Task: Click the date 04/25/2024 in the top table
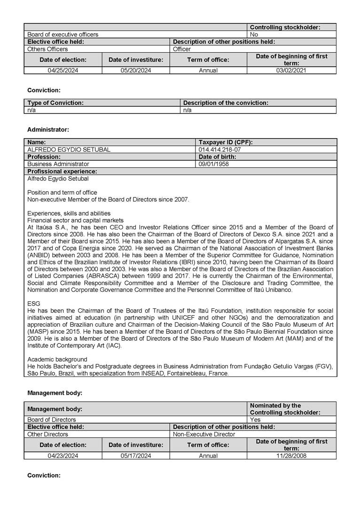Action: (63, 70)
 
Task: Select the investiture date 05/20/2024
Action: (136, 70)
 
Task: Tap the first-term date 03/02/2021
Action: (291, 70)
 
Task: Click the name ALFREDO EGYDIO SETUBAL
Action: (69, 149)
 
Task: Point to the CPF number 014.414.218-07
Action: (220, 149)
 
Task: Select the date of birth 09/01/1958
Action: (214, 164)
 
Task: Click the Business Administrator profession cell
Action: (58, 164)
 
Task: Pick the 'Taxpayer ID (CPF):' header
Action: (226, 142)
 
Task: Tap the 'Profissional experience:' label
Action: (62, 172)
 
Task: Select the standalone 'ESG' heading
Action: (34, 304)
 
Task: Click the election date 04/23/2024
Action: (63, 456)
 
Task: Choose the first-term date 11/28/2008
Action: (291, 456)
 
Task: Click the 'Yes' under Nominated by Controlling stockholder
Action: (255, 420)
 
